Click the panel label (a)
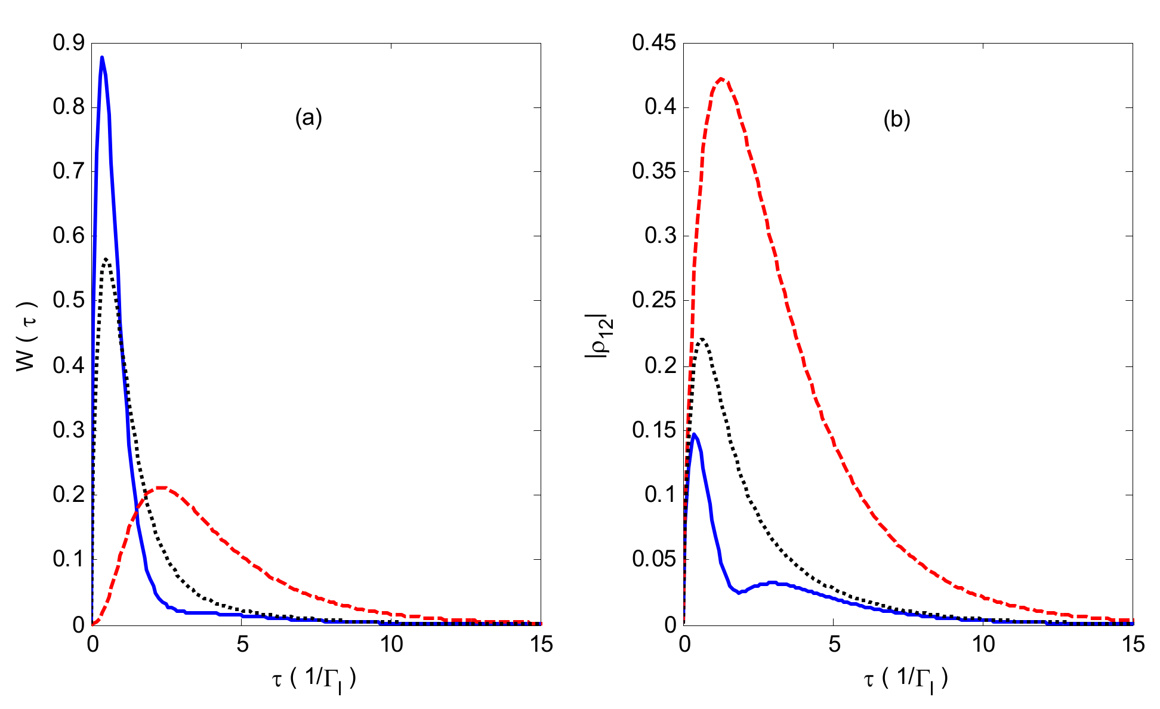pyautogui.click(x=308, y=119)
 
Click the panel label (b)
pyautogui.click(x=896, y=120)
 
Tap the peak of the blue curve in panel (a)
pyautogui.click(x=102, y=57)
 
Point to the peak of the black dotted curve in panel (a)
pyautogui.click(x=106, y=259)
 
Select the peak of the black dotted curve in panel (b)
pyautogui.click(x=702, y=339)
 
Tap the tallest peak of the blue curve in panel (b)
pyautogui.click(x=693, y=434)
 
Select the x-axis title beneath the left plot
pyautogui.click(x=314, y=680)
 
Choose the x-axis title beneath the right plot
pyautogui.click(x=906, y=680)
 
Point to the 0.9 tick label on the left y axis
pyautogui.click(x=68, y=43)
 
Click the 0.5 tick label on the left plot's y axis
pyautogui.click(x=68, y=300)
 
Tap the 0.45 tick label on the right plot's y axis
pyautogui.click(x=654, y=43)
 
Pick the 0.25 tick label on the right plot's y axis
pyautogui.click(x=654, y=300)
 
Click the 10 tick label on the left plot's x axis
pyautogui.click(x=391, y=645)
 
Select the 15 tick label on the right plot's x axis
pyautogui.click(x=1132, y=645)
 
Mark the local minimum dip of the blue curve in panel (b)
pyautogui.click(x=739, y=593)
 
